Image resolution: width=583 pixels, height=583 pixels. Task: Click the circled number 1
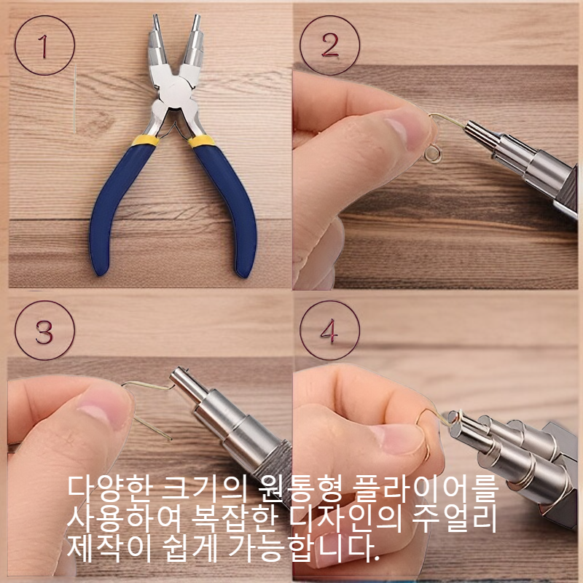click(x=44, y=45)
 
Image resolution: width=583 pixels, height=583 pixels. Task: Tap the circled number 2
click(x=329, y=45)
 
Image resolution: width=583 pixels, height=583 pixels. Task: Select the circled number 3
click(x=44, y=331)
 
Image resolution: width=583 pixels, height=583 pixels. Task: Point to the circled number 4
click(x=329, y=331)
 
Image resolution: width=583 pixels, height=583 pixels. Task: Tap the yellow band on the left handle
click(x=146, y=140)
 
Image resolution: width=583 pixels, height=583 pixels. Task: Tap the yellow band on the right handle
click(x=201, y=141)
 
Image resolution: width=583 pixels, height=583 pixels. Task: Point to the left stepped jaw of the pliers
click(x=158, y=41)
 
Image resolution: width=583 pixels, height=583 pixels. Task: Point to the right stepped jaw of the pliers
click(x=193, y=41)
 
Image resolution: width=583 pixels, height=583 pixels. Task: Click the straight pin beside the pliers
click(x=75, y=98)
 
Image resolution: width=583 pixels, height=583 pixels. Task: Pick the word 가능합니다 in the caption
click(x=305, y=548)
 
